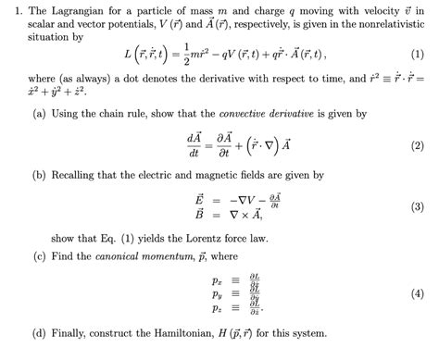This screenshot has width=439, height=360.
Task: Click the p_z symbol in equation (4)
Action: [x=191, y=305]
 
